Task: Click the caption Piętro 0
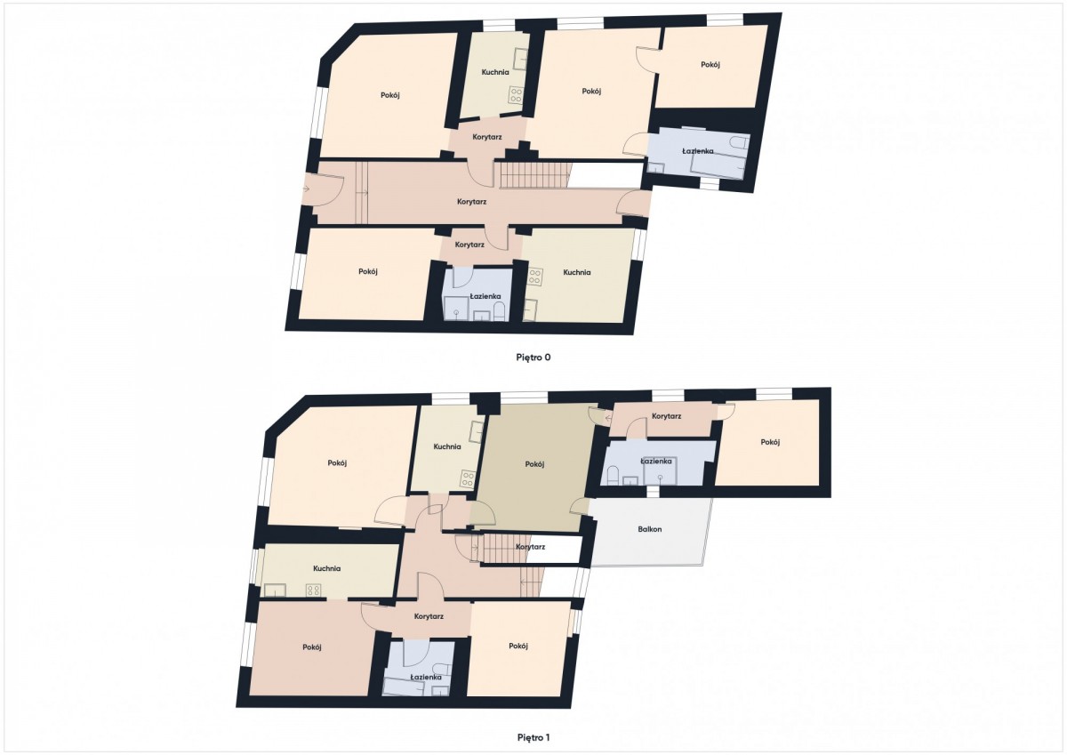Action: click(533, 357)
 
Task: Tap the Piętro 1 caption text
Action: click(533, 738)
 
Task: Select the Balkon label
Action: click(649, 529)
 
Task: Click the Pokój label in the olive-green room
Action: click(534, 464)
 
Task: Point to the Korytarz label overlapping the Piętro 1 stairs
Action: click(530, 547)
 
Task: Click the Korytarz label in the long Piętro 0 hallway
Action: click(471, 202)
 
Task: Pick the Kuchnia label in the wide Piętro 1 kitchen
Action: click(327, 569)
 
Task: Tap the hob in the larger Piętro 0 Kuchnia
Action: click(534, 277)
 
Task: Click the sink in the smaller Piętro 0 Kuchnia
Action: click(520, 59)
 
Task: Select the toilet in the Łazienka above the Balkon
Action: click(613, 476)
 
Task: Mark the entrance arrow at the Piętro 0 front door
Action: click(305, 189)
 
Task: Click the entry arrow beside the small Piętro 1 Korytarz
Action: click(608, 419)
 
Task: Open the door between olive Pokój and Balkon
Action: click(578, 505)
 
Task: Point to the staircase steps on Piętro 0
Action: click(534, 175)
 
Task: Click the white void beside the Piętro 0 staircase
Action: click(606, 175)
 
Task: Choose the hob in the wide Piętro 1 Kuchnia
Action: click(313, 590)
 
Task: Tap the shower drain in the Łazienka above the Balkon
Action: click(660, 477)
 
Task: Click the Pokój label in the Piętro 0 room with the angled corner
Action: click(390, 95)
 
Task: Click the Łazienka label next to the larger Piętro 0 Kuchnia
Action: click(485, 296)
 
